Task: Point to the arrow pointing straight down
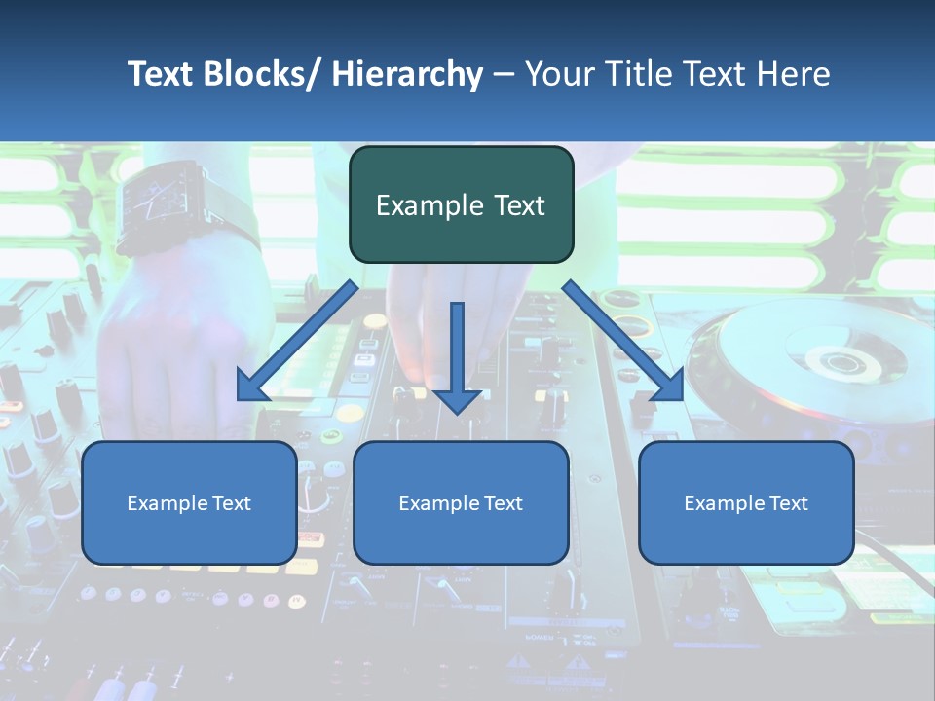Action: click(457, 355)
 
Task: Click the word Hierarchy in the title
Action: click(407, 74)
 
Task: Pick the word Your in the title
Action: click(558, 74)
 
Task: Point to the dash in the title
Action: click(504, 74)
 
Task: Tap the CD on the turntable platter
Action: click(833, 365)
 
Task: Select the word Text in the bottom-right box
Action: click(788, 503)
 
